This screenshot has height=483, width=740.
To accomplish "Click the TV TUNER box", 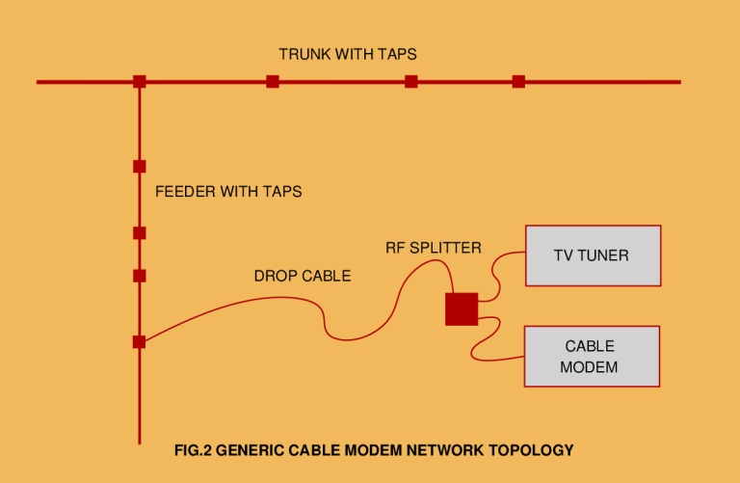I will coord(593,255).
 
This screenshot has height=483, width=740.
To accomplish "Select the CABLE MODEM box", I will coord(591,356).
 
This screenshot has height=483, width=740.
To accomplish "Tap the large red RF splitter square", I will coord(462,309).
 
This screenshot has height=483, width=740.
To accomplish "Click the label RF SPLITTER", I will coord(433,248).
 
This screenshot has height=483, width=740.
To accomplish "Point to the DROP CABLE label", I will coord(303,276).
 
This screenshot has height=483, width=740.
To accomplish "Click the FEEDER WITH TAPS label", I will coord(228,192).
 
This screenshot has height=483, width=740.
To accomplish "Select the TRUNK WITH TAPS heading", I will coord(348,54).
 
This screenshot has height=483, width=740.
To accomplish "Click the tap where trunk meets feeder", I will coord(140,82).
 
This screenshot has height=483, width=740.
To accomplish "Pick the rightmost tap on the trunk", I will coord(518,82).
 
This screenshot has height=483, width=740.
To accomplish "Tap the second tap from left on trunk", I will coord(273,82).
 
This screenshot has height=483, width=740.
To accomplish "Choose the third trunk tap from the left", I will coord(411,82).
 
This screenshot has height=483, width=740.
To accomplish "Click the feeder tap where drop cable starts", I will coord(139,341).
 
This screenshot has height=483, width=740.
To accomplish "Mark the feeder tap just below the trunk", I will coord(139,166).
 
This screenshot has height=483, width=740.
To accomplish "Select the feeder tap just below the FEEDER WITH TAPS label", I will coord(139,232).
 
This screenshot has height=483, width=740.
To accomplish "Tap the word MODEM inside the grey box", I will coord(589,367).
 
